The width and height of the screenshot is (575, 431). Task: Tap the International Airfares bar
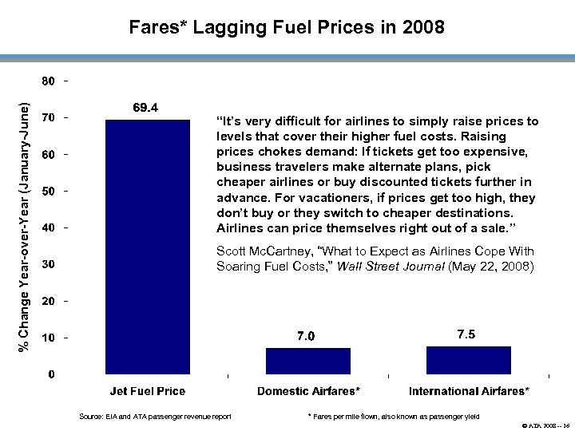(x=469, y=359)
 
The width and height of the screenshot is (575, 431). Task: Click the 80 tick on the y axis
(x=49, y=81)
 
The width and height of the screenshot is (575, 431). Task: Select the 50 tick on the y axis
(x=49, y=191)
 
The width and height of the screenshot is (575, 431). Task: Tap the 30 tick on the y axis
(x=49, y=264)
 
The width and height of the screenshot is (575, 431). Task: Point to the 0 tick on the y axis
(x=51, y=374)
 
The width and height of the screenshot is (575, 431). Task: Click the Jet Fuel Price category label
(x=147, y=391)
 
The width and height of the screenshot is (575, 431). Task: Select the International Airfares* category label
(x=469, y=391)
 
